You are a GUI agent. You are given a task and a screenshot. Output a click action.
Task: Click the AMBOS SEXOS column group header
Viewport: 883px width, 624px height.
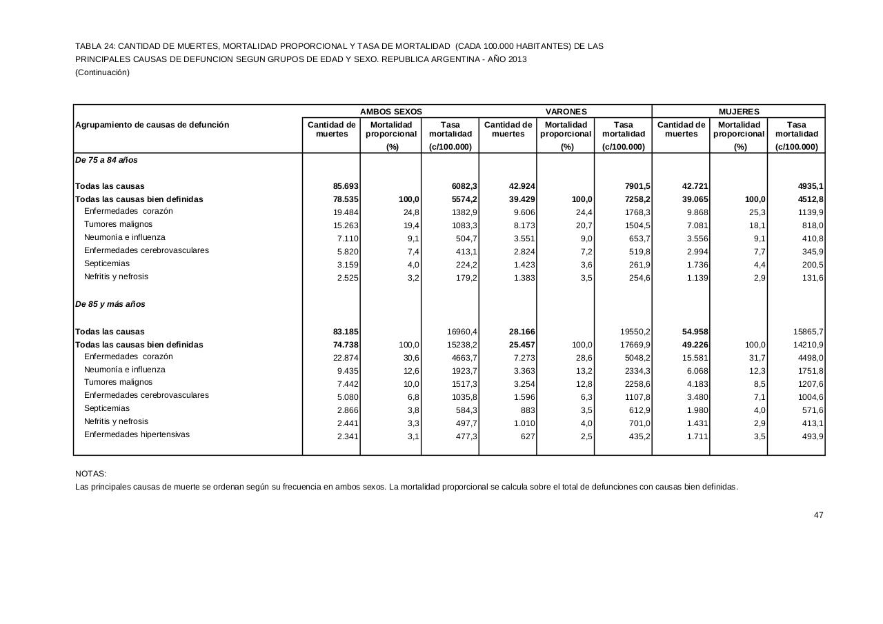390,111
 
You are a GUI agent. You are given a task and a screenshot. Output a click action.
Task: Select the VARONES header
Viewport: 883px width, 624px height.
566,111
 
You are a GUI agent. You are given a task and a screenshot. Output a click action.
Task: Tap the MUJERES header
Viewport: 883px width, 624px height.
738,111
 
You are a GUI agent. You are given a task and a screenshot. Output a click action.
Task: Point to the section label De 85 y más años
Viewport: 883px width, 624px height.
110,304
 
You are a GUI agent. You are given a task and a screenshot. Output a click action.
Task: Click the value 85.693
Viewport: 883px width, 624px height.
346,186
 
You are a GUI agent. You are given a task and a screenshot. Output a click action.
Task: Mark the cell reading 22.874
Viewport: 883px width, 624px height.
346,358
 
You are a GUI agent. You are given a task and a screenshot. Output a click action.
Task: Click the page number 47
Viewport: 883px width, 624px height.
819,515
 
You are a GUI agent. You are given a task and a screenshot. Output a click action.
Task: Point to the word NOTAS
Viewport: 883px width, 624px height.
90,474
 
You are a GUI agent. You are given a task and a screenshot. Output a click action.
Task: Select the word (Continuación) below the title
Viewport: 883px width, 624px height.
102,72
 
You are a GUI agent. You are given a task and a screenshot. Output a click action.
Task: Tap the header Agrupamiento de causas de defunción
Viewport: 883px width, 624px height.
152,125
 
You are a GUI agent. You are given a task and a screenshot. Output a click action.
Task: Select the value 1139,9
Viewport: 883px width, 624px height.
808,212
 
